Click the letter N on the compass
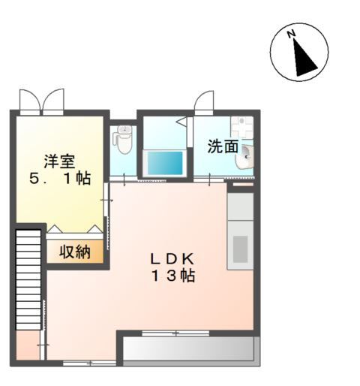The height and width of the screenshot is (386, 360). tap(291, 34)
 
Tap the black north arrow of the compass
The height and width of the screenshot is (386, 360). tap(304, 59)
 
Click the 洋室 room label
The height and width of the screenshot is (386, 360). tap(59, 161)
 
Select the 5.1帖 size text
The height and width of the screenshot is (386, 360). tap(60, 179)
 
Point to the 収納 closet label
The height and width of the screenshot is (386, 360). tap(75, 252)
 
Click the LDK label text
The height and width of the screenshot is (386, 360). tap(172, 259)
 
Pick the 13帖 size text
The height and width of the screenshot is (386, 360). tap(173, 276)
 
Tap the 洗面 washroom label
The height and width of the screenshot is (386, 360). tap(223, 146)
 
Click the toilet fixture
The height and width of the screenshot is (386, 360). tap(122, 139)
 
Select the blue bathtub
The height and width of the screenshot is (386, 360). tap(165, 163)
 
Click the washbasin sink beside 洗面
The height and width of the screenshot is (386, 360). tap(244, 157)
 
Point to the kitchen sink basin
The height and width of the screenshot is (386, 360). tap(240, 249)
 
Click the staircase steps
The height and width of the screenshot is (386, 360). tap(28, 279)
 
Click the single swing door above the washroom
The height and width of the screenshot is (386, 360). tap(204, 103)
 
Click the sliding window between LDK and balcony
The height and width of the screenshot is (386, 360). tap(175, 333)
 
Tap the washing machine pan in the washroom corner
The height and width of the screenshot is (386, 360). tap(242, 128)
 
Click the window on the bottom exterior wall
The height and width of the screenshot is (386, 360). tap(89, 363)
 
